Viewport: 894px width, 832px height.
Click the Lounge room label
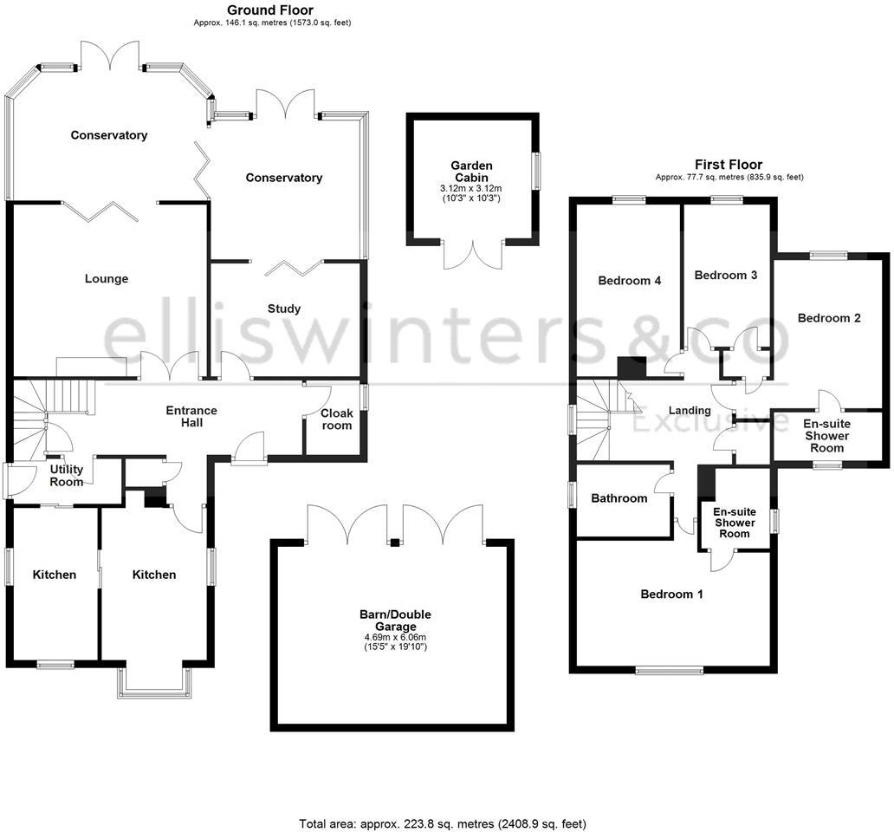(x=107, y=279)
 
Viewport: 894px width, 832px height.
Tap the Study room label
(x=284, y=309)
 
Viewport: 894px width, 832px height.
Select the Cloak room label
(x=337, y=419)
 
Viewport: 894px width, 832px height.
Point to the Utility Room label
(x=67, y=476)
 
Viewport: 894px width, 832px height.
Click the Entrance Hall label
(x=191, y=416)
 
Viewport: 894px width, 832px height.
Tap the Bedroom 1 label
(x=671, y=595)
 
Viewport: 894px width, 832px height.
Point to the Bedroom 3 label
(x=726, y=276)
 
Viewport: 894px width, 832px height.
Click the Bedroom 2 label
(x=829, y=318)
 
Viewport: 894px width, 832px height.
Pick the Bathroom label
(x=619, y=498)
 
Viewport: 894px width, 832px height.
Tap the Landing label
(x=690, y=410)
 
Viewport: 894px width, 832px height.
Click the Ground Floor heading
(x=271, y=10)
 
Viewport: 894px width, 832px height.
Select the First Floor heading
(x=729, y=165)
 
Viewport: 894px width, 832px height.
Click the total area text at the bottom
(x=448, y=823)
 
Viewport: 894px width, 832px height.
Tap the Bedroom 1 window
(x=670, y=670)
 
